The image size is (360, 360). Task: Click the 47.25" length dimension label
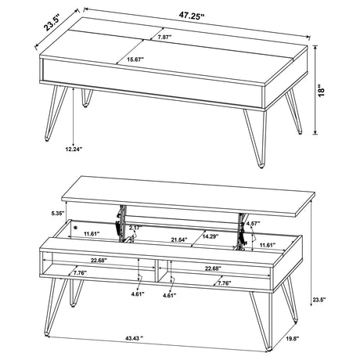point(192,16)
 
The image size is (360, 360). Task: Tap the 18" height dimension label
point(322,90)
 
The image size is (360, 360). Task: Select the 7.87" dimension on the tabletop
point(164,38)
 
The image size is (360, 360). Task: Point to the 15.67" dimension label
point(135,59)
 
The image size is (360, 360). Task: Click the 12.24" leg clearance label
point(74,149)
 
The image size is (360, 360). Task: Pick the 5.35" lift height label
point(58,213)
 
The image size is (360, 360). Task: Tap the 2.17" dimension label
point(136,228)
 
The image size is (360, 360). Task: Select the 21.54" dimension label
point(179,239)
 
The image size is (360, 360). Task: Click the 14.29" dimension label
point(211,236)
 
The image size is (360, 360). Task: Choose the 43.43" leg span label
point(135,338)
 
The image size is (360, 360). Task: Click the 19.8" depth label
point(293,339)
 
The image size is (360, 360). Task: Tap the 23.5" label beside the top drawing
point(52,23)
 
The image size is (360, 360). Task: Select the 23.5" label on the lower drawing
point(319,300)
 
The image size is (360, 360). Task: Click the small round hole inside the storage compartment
point(76,227)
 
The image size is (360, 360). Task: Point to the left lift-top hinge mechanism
point(121,224)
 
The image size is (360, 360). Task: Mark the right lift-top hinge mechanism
point(241,229)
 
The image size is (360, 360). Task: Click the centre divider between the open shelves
point(157,271)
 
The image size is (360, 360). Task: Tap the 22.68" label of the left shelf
point(99,260)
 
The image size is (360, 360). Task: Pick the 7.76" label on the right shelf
point(225,283)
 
